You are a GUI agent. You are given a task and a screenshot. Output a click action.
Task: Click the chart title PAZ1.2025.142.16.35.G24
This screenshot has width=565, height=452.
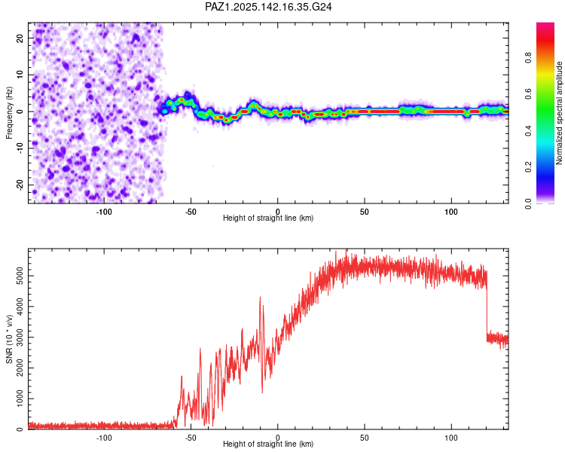click(268, 7)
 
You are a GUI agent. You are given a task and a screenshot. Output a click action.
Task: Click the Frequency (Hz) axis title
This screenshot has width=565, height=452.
click(9, 113)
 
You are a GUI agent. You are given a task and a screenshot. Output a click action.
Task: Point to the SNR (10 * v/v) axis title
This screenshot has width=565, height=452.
click(9, 339)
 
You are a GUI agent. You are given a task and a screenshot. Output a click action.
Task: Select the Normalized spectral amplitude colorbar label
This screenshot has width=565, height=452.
click(559, 113)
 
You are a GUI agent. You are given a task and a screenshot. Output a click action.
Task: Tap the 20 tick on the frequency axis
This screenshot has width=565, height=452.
click(20, 38)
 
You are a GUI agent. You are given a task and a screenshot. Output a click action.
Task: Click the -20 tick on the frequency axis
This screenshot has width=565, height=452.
click(20, 185)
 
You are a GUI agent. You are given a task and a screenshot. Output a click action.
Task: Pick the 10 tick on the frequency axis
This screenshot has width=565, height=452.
click(20, 75)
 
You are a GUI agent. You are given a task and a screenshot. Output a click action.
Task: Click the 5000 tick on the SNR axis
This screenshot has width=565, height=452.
click(20, 276)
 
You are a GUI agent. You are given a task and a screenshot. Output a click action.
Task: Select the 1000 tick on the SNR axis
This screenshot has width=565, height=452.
click(20, 399)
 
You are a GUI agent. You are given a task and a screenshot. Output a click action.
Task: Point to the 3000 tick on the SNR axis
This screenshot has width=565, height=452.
click(20, 337)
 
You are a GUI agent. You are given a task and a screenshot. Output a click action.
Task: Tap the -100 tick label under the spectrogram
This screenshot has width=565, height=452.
click(104, 212)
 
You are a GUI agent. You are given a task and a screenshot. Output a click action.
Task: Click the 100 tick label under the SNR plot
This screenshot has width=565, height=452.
click(450, 438)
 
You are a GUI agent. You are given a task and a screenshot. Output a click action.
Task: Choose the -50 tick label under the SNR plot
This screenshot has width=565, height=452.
click(191, 438)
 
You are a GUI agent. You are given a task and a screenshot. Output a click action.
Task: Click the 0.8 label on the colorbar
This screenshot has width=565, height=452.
click(528, 58)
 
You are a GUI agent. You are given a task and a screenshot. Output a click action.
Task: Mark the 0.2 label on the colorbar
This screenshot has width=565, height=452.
click(528, 167)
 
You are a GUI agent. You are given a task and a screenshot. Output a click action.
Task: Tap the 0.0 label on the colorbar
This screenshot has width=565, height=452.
click(528, 203)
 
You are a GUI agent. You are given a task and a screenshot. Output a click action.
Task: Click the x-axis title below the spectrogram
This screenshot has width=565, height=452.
click(268, 218)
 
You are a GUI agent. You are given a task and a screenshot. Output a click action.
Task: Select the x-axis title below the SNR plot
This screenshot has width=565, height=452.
click(268, 444)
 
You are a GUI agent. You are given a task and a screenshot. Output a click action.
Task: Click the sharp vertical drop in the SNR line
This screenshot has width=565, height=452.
click(487, 307)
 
